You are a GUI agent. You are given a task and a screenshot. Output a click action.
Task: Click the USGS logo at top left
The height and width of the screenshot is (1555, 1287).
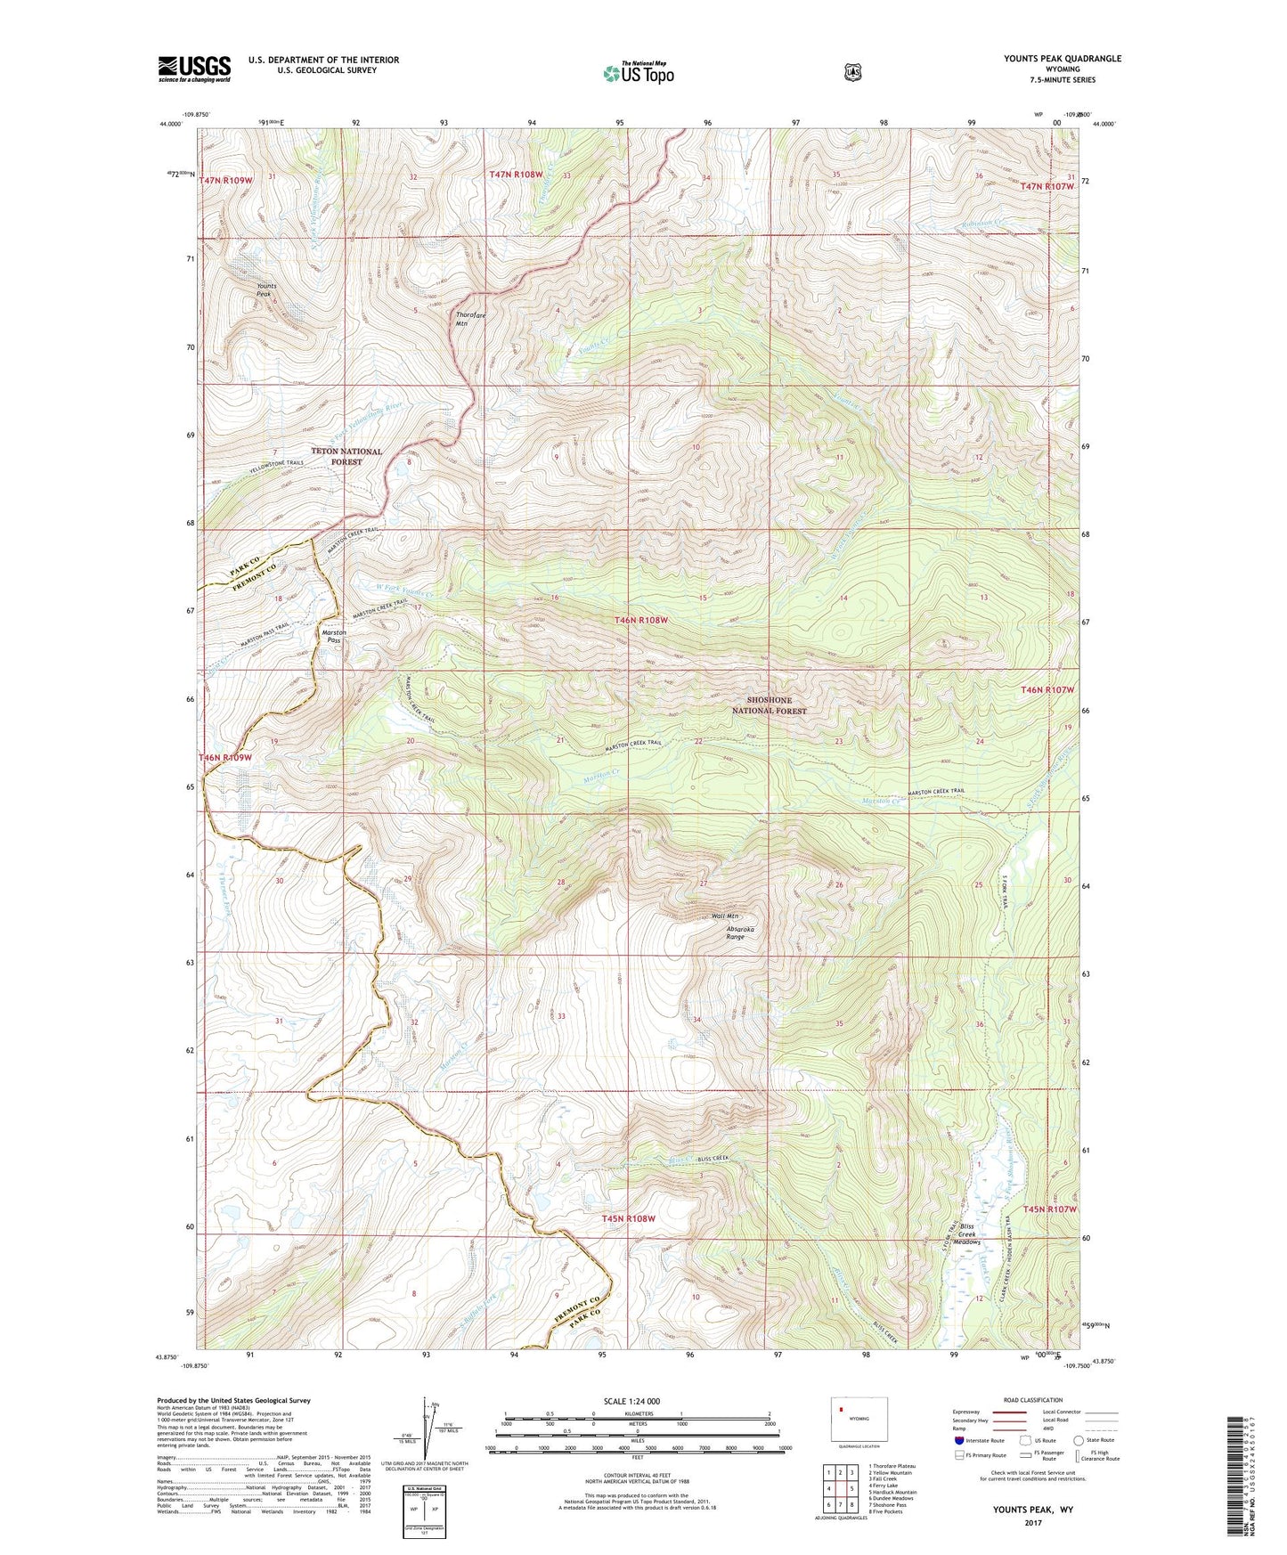pos(194,69)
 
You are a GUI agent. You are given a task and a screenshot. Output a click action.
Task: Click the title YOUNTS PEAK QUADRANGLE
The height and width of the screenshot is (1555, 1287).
pos(1062,59)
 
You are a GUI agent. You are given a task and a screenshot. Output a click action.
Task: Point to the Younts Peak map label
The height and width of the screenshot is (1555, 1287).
pos(266,289)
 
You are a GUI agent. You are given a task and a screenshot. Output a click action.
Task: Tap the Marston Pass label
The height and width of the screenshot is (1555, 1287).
pos(333,636)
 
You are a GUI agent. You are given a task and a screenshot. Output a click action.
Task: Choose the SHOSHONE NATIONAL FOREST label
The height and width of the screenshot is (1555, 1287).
pos(769,705)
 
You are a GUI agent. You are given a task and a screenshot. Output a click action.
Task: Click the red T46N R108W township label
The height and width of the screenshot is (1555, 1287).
pos(640,620)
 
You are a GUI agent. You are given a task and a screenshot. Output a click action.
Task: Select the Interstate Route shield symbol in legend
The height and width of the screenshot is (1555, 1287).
pos(958,1440)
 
